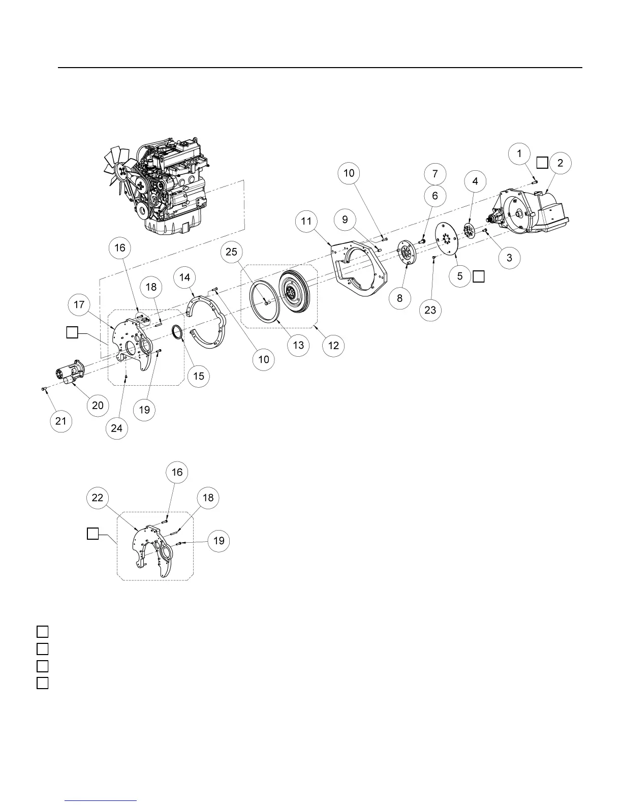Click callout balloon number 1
[519, 153]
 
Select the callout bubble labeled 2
[560, 163]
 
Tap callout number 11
[306, 221]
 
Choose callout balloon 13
[298, 345]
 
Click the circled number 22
[97, 498]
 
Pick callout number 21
[61, 421]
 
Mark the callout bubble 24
[116, 428]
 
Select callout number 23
[430, 309]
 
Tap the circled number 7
[435, 174]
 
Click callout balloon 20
[98, 405]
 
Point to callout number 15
[199, 376]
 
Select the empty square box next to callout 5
[479, 276]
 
